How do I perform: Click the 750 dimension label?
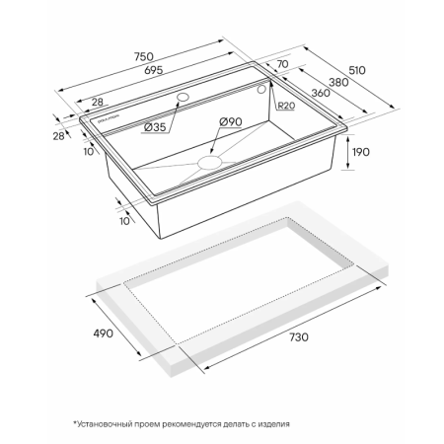coord(144,56)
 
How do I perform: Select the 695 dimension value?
coord(154,70)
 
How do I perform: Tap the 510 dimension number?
coord(357,70)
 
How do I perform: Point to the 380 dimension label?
coord(338,82)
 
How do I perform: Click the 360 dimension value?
coord(321,93)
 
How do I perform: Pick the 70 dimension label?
coord(282,64)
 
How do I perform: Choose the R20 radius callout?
coord(286,106)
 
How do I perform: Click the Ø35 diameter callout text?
coord(155,127)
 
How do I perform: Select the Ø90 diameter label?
coord(231,121)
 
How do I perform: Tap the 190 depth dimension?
coord(361,152)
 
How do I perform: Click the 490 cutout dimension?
coord(104,333)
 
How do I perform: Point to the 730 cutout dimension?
coord(299,337)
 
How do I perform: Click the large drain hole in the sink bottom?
coord(210,163)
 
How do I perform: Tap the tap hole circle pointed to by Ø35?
coord(183,98)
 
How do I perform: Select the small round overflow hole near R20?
coord(261,89)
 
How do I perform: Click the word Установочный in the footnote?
coord(103,424)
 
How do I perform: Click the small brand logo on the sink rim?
coord(109,119)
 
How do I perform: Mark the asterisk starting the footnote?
coord(75,423)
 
